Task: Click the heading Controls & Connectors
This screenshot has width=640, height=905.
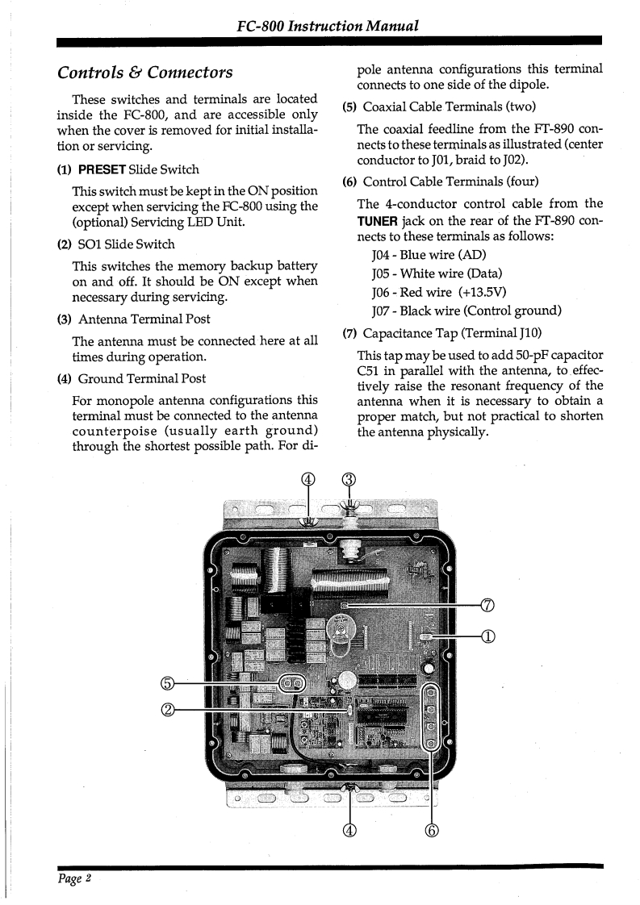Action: pyautogui.click(x=145, y=73)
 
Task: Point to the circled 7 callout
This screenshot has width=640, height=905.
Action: pyautogui.click(x=487, y=607)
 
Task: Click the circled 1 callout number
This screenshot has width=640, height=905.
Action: pyautogui.click(x=487, y=636)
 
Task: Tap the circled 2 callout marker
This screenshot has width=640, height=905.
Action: pyautogui.click(x=168, y=710)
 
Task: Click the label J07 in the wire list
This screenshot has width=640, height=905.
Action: pyautogui.click(x=382, y=311)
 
